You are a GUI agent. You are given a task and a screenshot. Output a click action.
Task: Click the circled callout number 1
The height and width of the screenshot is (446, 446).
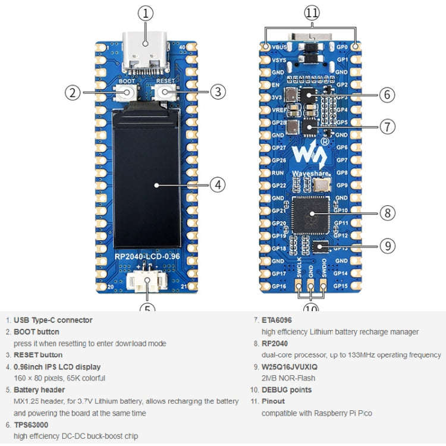(x=146, y=12)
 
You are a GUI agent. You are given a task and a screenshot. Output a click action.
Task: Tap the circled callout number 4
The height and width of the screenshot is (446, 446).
(x=218, y=184)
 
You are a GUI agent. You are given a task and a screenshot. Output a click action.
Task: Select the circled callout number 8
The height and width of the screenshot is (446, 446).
(x=387, y=212)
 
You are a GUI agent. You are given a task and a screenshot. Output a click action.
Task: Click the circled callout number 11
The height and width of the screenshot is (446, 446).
(x=312, y=12)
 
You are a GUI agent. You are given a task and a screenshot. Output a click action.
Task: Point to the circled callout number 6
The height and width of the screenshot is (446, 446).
(x=387, y=94)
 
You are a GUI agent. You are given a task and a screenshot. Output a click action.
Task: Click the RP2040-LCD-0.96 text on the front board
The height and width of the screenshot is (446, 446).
(x=147, y=257)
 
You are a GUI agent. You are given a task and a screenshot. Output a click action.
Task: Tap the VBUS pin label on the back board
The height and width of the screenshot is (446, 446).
(x=279, y=46)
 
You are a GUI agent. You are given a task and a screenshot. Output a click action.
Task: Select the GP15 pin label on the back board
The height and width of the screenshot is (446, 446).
(x=341, y=286)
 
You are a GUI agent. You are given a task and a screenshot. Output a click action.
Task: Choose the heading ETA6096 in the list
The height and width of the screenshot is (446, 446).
(x=277, y=320)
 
